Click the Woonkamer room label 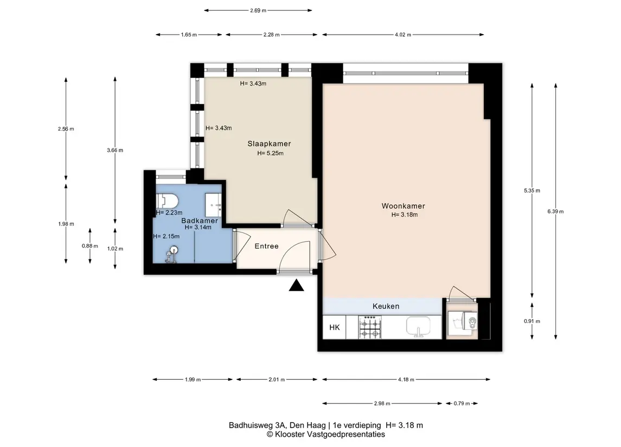403,206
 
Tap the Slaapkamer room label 270,144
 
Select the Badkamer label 200,221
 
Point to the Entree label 266,246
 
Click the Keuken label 386,306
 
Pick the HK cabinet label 335,327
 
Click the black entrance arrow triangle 296,285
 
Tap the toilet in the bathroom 167,201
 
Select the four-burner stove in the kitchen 370,328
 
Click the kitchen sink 418,327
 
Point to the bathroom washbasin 214,205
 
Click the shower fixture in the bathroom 172,254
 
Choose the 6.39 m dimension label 556,211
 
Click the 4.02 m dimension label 403,35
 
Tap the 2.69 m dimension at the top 258,11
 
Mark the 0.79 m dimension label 462,404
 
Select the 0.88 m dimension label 90,245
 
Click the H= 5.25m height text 270,153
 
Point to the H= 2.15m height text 167,237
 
